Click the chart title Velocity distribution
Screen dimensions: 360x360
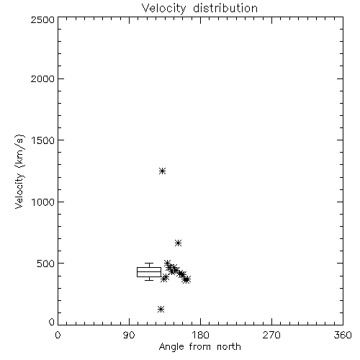tap(199, 8)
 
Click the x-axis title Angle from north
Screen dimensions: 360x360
tap(199, 347)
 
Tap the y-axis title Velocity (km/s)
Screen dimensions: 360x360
tap(19, 171)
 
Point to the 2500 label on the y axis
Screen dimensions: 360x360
tap(42, 19)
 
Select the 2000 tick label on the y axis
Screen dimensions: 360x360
tap(42, 78)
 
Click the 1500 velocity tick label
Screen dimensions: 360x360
tap(43, 140)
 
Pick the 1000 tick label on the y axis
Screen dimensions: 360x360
tap(43, 202)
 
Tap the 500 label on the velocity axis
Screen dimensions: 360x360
tap(46, 264)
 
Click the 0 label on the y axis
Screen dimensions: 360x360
tap(52, 322)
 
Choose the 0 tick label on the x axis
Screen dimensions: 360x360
tap(58, 335)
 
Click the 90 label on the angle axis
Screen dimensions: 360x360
tap(129, 335)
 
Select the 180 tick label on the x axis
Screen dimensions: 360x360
tap(200, 335)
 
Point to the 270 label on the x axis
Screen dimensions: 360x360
tap(271, 335)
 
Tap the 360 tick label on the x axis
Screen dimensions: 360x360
tap(343, 335)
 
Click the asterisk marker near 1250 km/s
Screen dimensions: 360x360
tap(163, 171)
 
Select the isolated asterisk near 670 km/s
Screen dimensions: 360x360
tap(178, 243)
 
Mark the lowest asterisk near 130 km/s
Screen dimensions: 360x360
tap(161, 309)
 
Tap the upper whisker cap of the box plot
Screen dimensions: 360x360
tap(149, 264)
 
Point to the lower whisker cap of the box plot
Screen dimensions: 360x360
tap(149, 280)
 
